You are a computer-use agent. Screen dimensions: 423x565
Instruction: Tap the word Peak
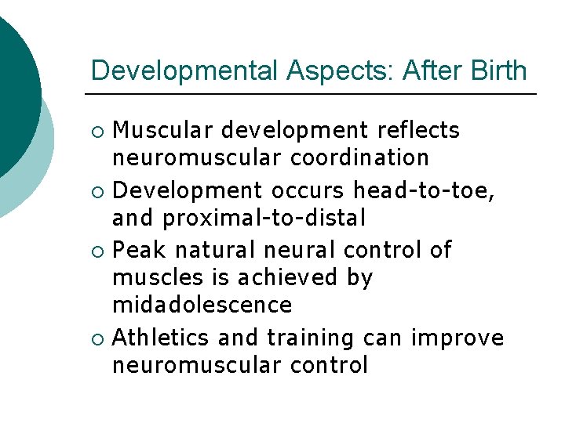(140, 250)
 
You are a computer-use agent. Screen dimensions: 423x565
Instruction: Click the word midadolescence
(202, 304)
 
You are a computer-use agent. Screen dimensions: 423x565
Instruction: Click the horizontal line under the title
(311, 94)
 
